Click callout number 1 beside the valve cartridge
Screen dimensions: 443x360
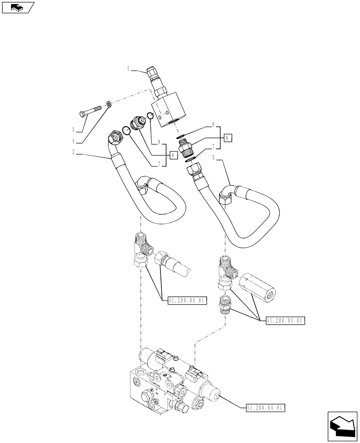[x=128, y=69]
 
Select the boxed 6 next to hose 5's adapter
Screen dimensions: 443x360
[x=227, y=138]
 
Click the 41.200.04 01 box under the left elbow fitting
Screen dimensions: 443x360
[x=188, y=301]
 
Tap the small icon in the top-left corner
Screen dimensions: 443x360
[x=17, y=7]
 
